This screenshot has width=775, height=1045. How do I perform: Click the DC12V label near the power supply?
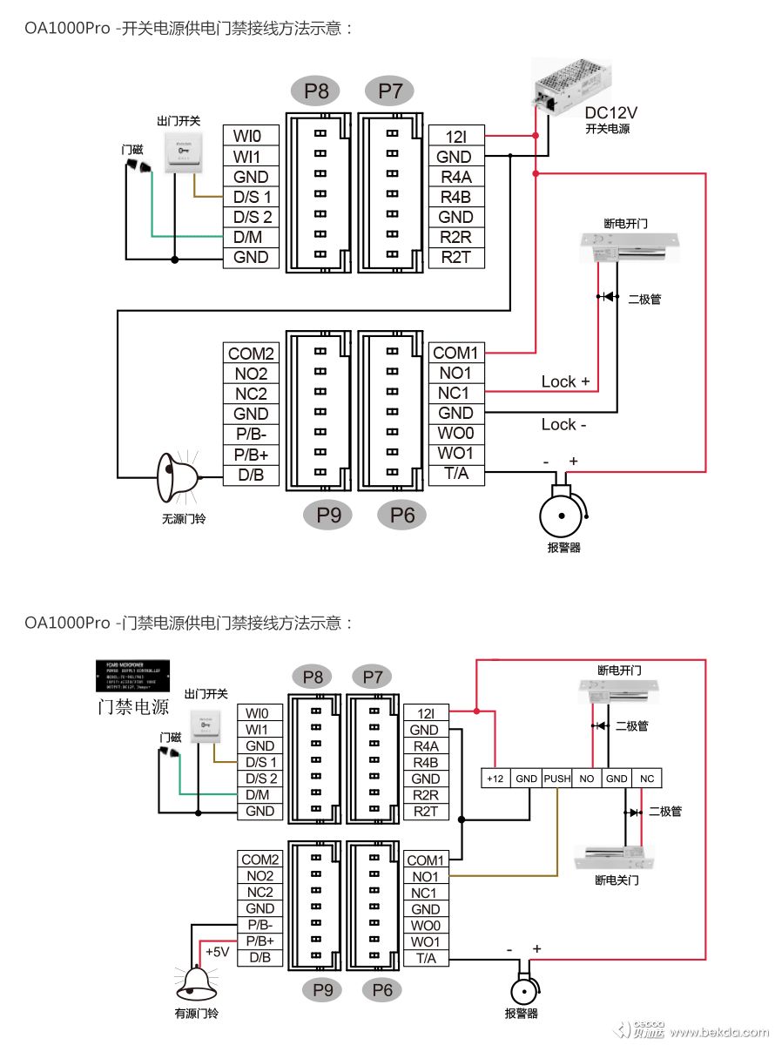(x=610, y=112)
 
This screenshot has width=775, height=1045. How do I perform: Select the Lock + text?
(x=565, y=381)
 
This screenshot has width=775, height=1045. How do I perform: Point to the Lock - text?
(x=564, y=424)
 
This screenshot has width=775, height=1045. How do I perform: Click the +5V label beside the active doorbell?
(x=217, y=952)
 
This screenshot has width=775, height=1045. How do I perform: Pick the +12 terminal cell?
(x=495, y=779)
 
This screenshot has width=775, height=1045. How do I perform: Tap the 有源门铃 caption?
(x=197, y=1013)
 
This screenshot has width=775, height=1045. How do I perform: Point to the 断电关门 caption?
(x=617, y=880)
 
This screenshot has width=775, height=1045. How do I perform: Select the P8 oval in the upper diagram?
(x=316, y=91)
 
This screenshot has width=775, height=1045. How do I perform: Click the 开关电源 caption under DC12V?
(x=608, y=129)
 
